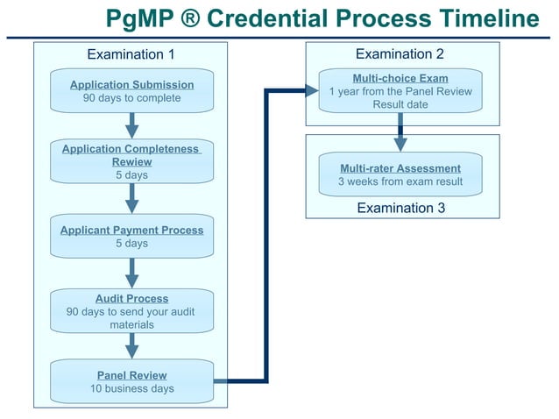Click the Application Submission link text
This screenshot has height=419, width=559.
131,84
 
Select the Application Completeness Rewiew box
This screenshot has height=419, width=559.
131,162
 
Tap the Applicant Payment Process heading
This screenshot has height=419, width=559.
131,230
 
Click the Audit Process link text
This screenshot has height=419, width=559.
131,298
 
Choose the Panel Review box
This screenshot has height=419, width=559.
131,381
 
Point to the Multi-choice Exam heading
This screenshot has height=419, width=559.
400,78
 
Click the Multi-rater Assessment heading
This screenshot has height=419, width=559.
400,168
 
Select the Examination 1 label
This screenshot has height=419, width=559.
131,55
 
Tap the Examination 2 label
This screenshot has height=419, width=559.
400,54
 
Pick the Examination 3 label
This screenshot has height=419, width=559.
400,208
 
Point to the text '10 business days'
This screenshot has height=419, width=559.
131,389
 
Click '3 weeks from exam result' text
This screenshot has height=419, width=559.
400,182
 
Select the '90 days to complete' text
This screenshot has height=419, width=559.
131,98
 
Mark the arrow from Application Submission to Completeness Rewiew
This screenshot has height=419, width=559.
131,125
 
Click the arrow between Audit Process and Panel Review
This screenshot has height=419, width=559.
131,345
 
